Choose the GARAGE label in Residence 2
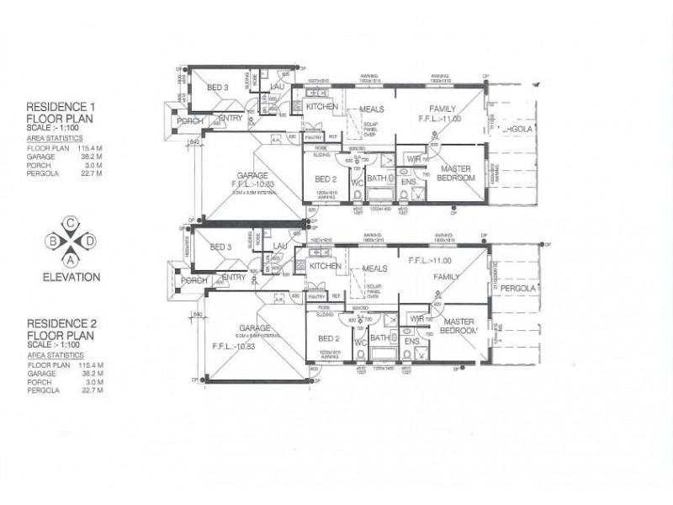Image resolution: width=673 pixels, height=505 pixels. click(x=253, y=328)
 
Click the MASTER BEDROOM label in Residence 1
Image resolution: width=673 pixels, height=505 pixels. click(x=458, y=173)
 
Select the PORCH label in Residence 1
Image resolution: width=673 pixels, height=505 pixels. click(x=187, y=121)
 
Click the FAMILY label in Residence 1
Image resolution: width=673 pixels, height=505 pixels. click(x=442, y=109)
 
